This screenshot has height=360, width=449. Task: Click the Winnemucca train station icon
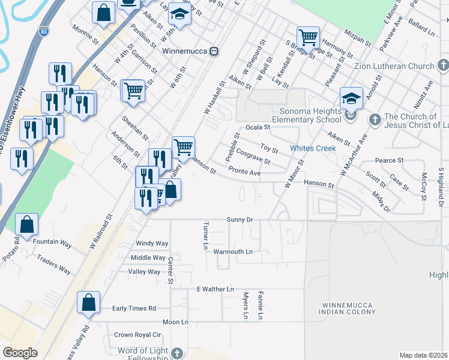point(214,51)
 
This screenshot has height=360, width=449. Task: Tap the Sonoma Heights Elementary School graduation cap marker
point(351,98)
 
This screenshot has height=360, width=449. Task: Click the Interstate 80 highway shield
point(44,31)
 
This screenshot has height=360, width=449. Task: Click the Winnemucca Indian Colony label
point(348,308)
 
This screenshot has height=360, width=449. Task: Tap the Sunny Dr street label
point(240,220)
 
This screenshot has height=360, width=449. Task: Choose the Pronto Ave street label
point(245,172)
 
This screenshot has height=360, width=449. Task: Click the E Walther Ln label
point(215,289)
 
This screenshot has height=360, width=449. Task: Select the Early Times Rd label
point(134,308)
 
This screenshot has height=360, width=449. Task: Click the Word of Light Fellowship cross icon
point(176,353)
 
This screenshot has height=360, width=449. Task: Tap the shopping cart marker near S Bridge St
point(308,37)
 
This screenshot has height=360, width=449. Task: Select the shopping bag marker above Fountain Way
point(27,224)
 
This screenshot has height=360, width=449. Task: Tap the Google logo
point(20,353)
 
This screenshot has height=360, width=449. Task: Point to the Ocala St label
point(259,127)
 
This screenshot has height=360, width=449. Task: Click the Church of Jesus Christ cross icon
point(375,119)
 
